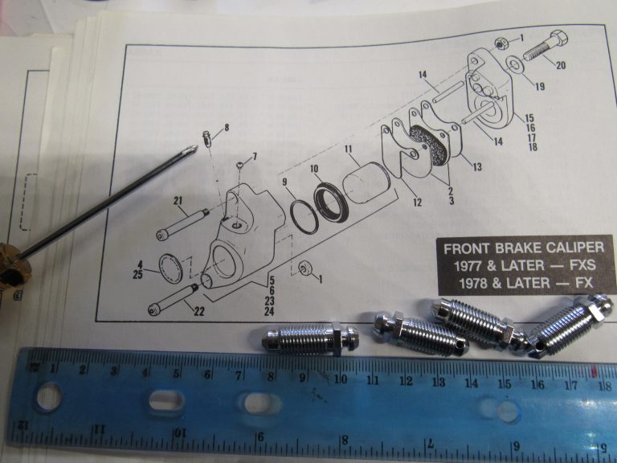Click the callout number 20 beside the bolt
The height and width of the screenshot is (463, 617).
point(560,66)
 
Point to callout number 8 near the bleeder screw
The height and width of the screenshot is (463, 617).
point(226,128)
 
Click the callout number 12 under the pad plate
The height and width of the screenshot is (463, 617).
point(417,203)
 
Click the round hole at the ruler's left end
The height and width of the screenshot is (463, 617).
point(48,396)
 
